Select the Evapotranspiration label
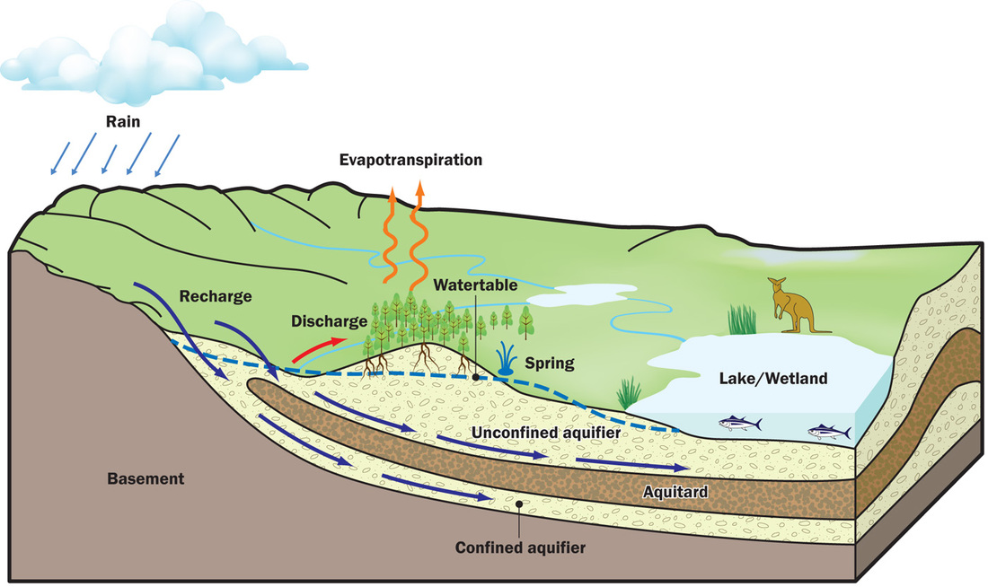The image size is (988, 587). pyautogui.click(x=410, y=161)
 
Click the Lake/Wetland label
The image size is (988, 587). pyautogui.click(x=772, y=379)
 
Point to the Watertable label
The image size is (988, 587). pyautogui.click(x=473, y=285)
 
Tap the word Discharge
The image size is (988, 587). pyautogui.click(x=328, y=320)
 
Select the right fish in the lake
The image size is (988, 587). pyautogui.click(x=829, y=432)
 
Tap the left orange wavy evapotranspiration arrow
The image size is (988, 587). pyautogui.click(x=392, y=233)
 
